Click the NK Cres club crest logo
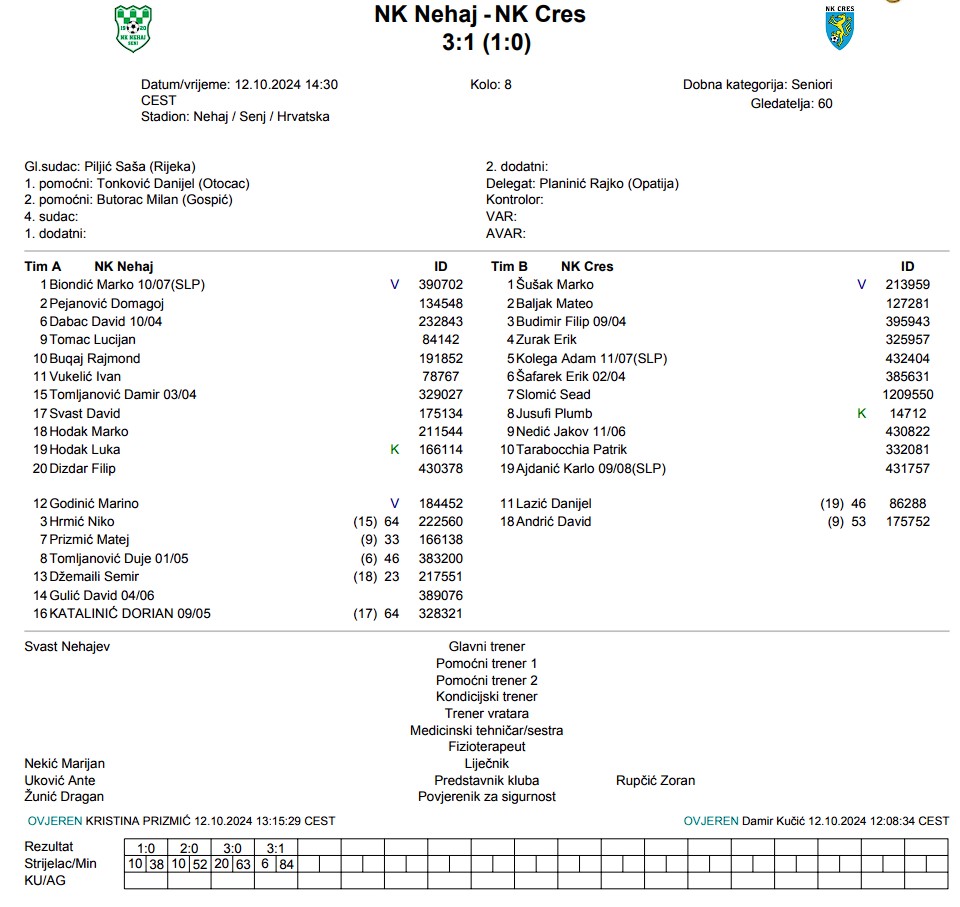(839, 28)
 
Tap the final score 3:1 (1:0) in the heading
(486, 43)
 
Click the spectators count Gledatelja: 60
(791, 103)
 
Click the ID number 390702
(440, 285)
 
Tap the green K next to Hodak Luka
(394, 450)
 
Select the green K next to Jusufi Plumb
(862, 413)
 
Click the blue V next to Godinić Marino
(394, 504)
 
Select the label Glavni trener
(486, 647)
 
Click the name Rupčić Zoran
(655, 780)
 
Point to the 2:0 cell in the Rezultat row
(190, 848)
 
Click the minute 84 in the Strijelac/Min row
(287, 863)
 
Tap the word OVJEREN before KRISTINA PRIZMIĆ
(55, 821)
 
